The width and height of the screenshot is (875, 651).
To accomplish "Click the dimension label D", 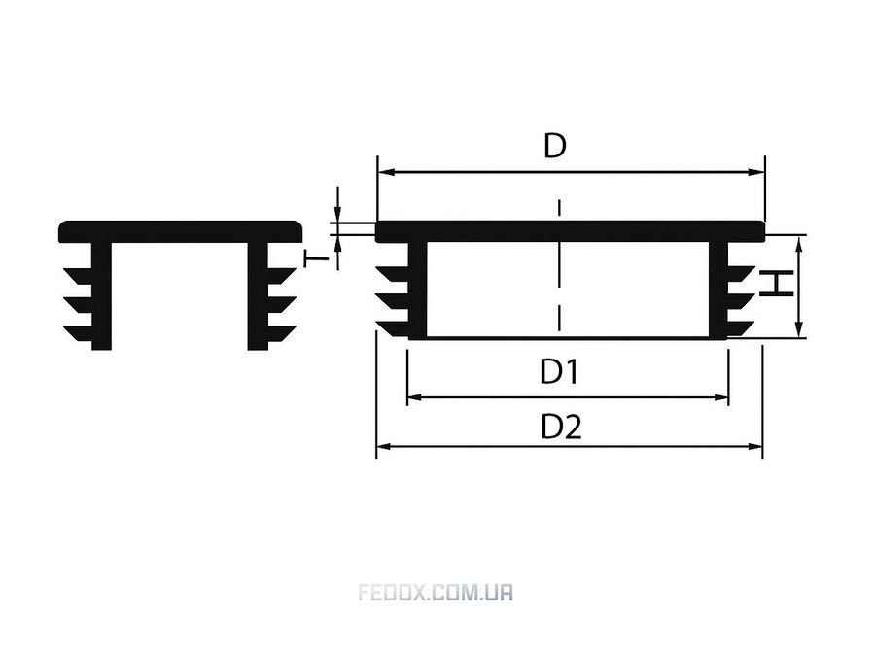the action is pyautogui.click(x=555, y=146).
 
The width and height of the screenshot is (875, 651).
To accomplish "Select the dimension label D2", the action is pyautogui.click(x=561, y=427).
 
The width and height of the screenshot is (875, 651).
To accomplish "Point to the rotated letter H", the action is pyautogui.click(x=776, y=284).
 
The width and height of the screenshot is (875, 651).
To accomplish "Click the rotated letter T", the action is pyautogui.click(x=316, y=258).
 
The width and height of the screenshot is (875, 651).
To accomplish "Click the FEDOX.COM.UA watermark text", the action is pyautogui.click(x=436, y=592).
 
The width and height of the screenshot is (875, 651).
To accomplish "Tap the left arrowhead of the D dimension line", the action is pyautogui.click(x=386, y=172).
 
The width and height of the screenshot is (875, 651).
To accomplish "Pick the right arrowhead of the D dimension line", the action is pyautogui.click(x=756, y=172).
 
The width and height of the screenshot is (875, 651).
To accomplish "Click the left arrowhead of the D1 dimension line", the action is pyautogui.click(x=416, y=397).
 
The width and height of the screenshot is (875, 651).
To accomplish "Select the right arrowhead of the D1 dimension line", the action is pyautogui.click(x=721, y=397).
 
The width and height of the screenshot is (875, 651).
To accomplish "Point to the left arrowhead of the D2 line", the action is pyautogui.click(x=385, y=446).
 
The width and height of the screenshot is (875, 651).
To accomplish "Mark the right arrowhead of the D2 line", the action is pyautogui.click(x=754, y=446).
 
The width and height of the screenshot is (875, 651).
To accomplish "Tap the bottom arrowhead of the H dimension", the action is pyautogui.click(x=800, y=329).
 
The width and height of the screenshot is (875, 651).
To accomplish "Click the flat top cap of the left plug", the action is pyautogui.click(x=180, y=231).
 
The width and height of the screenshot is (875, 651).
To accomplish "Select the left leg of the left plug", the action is pyautogui.click(x=101, y=295).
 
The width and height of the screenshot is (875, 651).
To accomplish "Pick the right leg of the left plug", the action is pyautogui.click(x=258, y=295).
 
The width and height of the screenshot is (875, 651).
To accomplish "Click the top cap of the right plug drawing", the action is pyautogui.click(x=570, y=231).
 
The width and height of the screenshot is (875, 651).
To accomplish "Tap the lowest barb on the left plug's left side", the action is pyautogui.click(x=78, y=333).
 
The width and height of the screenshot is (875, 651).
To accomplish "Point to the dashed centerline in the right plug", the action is pyautogui.click(x=559, y=265).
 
